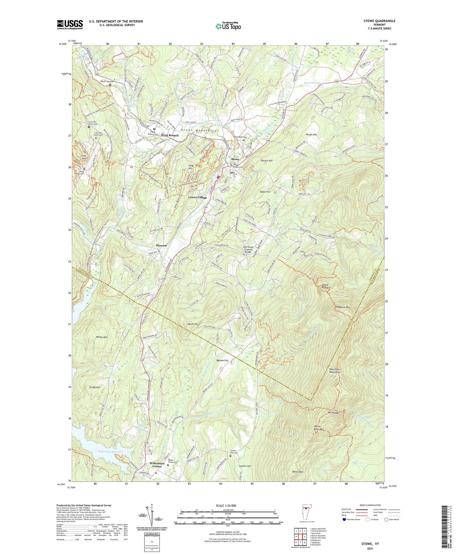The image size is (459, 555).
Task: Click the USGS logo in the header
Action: click(x=70, y=24)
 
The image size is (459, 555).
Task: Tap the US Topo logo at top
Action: click(x=228, y=26)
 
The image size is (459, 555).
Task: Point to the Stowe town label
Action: click(x=235, y=159)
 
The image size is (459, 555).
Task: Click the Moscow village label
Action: click(x=161, y=245)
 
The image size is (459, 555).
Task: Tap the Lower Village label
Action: click(x=197, y=197)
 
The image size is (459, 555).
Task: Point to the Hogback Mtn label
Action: click(x=343, y=307)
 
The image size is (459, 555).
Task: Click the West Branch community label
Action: click(x=170, y=135)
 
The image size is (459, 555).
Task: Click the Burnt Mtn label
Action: click(x=298, y=472)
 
